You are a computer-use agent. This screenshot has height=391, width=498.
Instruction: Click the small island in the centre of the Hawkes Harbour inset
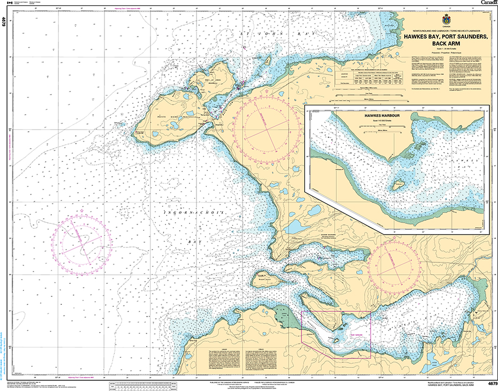(398, 185)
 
